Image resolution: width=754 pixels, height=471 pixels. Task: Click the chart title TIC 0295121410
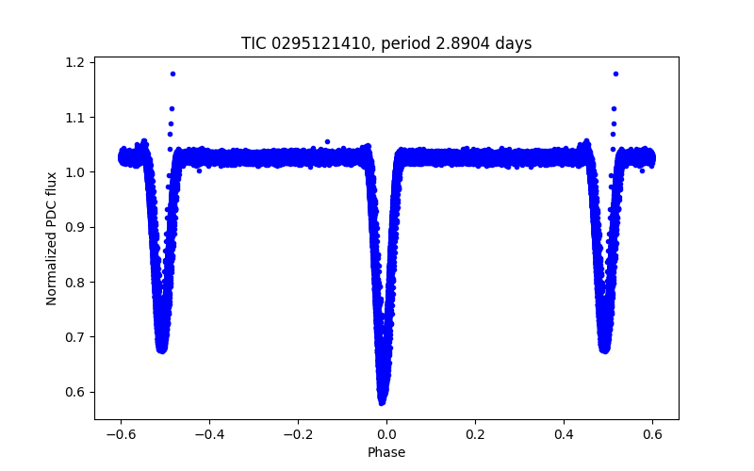(385, 43)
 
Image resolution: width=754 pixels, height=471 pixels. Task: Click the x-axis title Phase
(386, 452)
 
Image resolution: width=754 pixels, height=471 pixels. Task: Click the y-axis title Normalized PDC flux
(52, 237)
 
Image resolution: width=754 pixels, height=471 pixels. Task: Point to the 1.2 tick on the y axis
(75, 62)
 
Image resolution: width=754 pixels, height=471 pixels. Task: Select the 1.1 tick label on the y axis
(75, 118)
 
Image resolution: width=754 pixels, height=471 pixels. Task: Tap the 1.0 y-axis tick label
(75, 172)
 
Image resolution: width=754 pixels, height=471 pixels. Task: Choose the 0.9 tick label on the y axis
(75, 227)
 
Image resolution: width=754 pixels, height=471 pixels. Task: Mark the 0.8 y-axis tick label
(75, 283)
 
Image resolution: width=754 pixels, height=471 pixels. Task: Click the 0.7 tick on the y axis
(75, 337)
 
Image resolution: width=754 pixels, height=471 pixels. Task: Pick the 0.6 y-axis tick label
(75, 392)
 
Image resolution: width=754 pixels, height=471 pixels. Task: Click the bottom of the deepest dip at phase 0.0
(383, 402)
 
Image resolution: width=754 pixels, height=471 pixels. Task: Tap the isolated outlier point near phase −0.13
(327, 141)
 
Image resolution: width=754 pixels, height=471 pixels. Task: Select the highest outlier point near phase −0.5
(172, 73)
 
